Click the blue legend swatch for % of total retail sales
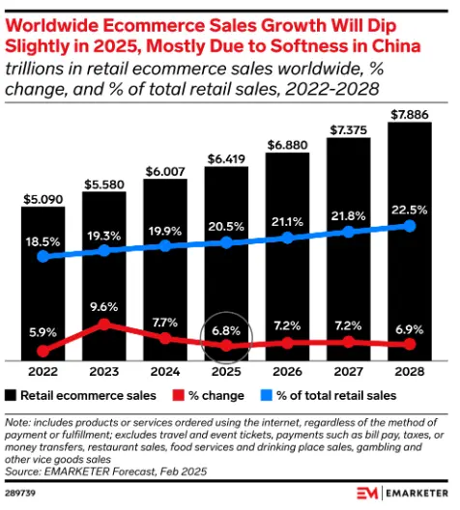pyautogui.click(x=272, y=395)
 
